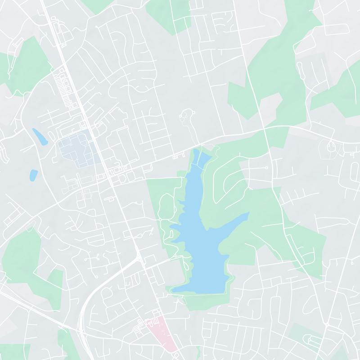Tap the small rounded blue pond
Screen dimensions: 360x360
click(33, 175)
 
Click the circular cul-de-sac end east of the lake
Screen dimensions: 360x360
click(267, 167)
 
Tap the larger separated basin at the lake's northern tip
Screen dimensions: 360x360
click(202, 158)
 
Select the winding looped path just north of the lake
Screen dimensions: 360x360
click(185, 118)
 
